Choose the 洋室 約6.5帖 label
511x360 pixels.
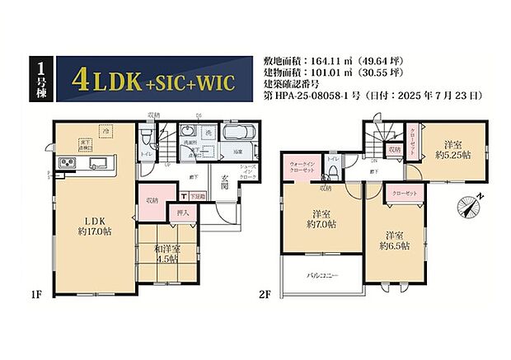[393, 238]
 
